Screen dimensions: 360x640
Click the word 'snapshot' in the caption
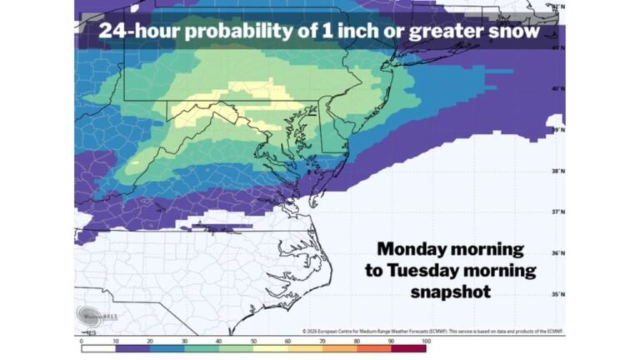coord(451,292)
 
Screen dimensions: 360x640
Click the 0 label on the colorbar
coord(81,341)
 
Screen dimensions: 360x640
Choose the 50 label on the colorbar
coord(253,341)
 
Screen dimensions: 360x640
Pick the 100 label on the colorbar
coord(425,341)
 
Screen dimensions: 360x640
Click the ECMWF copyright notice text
coord(432,331)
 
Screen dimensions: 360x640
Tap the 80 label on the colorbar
coord(357,341)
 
